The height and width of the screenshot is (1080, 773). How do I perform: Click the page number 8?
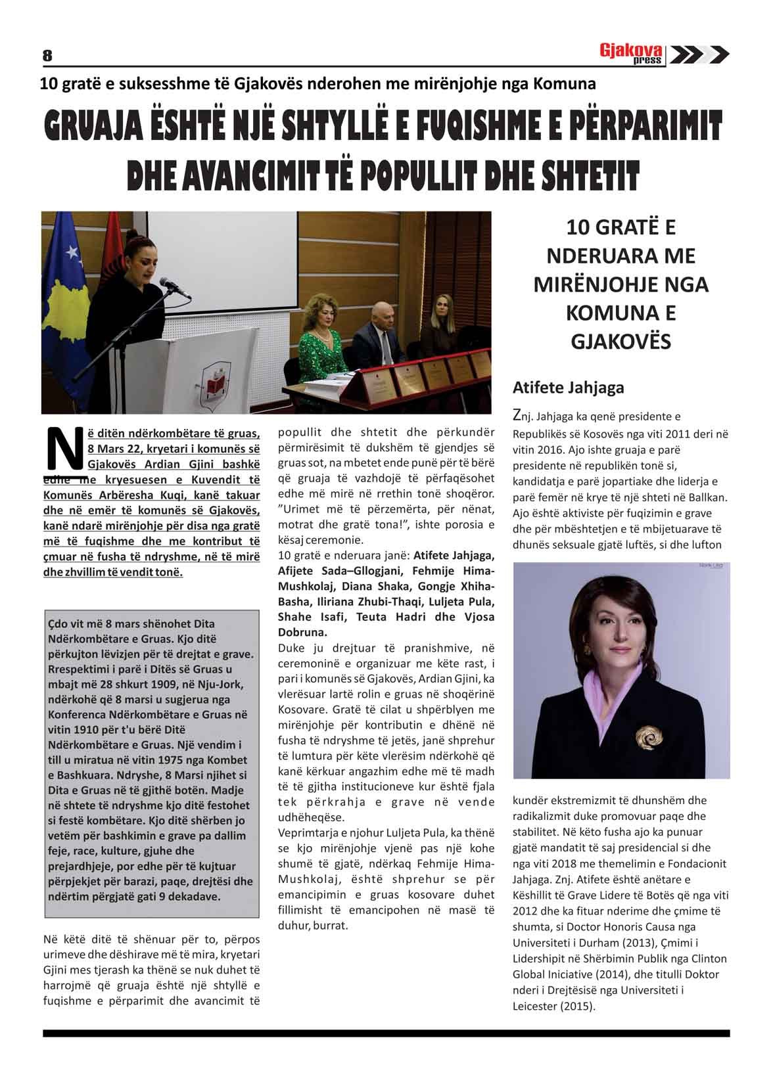(x=47, y=56)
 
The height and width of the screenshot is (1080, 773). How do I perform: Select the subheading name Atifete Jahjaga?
(x=568, y=388)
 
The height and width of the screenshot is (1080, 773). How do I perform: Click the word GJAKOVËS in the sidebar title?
(x=621, y=342)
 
